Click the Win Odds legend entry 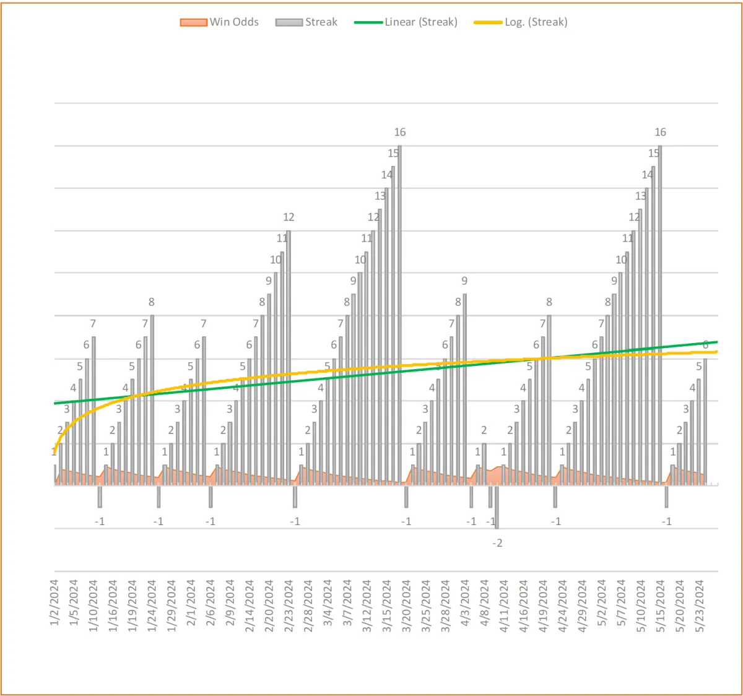(220, 22)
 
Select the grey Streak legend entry (307, 22)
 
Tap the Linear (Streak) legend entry (406, 22)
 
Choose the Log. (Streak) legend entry (521, 22)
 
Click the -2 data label (497, 543)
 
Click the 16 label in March (400, 132)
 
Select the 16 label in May (661, 132)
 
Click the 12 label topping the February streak (289, 217)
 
